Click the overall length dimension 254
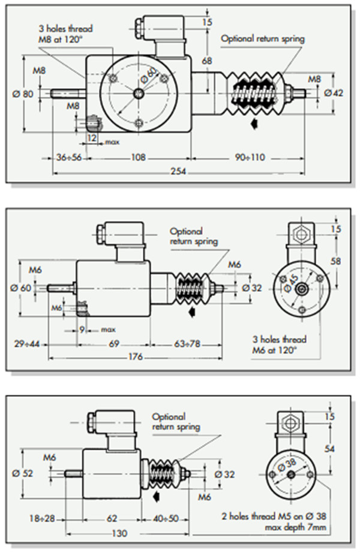tap(179, 171)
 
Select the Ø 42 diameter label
tap(333, 92)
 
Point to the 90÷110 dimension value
tap(250, 157)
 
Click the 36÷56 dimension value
tap(69, 157)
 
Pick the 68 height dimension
tap(207, 61)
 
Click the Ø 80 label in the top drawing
tap(23, 94)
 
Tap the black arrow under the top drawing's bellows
tap(254, 124)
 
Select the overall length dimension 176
tap(136, 357)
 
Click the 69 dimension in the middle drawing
tap(114, 343)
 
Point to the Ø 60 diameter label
tap(21, 288)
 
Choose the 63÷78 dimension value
tap(187, 343)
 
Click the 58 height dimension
tap(335, 261)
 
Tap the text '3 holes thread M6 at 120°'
tap(279, 345)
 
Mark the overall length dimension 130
tap(119, 533)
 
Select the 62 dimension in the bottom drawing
tap(112, 518)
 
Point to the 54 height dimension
tap(329, 449)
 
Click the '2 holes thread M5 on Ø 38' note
tap(274, 516)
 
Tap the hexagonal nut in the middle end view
tap(301, 234)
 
